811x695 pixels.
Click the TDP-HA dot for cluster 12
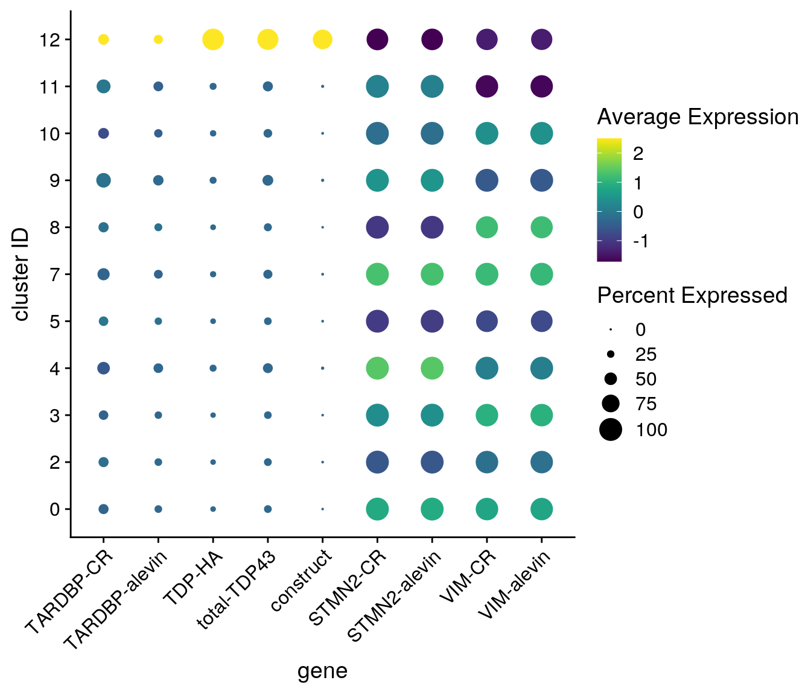pyautogui.click(x=213, y=40)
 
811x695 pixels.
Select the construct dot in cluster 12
pyautogui.click(x=322, y=40)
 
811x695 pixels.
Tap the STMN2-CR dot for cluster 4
pyautogui.click(x=377, y=368)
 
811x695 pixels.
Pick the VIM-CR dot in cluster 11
pyautogui.click(x=486, y=87)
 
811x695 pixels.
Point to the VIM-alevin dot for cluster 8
pyautogui.click(x=541, y=227)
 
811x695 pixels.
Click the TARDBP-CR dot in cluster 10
pyautogui.click(x=103, y=133)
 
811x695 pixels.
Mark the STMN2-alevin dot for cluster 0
pyautogui.click(x=432, y=509)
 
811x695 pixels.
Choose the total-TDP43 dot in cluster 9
pyautogui.click(x=268, y=180)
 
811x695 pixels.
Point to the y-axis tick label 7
pyautogui.click(x=54, y=275)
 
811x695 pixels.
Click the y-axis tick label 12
pyautogui.click(x=49, y=40)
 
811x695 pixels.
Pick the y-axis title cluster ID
pyautogui.click(x=22, y=275)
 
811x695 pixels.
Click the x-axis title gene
pyautogui.click(x=322, y=671)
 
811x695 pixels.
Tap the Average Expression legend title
pyautogui.click(x=698, y=117)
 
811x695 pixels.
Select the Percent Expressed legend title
pyautogui.click(x=692, y=295)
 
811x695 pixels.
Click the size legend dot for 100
pyautogui.click(x=611, y=430)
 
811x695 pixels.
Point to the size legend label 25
pyautogui.click(x=646, y=354)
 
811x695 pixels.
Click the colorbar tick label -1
pyautogui.click(x=640, y=241)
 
